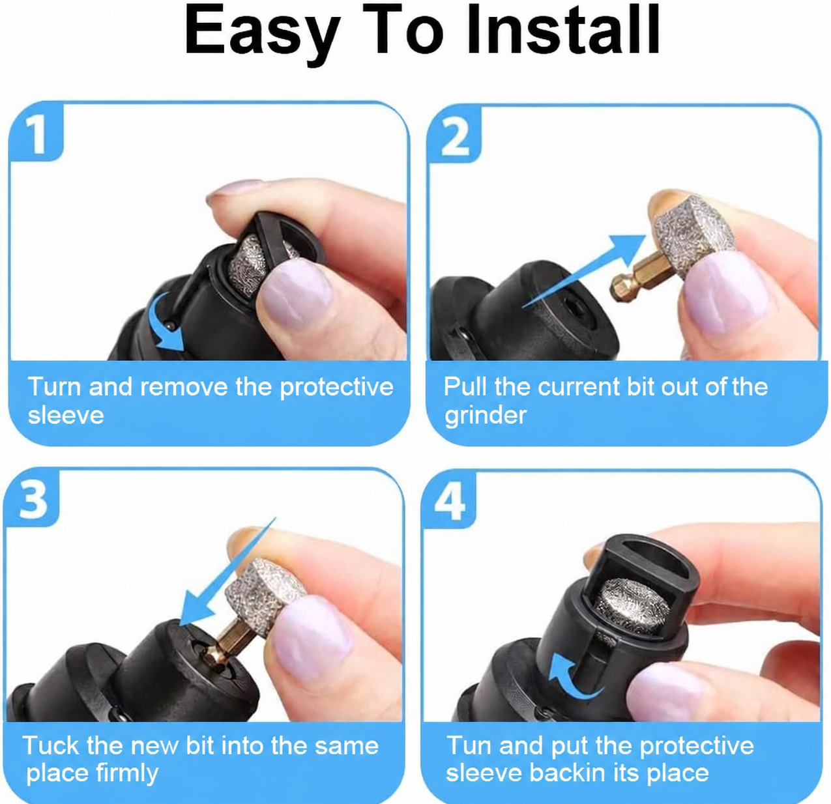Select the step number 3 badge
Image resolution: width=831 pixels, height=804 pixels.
(x=32, y=498)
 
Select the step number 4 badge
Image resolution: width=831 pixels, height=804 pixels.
(x=449, y=500)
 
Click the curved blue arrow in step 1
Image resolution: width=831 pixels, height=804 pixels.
(x=164, y=321)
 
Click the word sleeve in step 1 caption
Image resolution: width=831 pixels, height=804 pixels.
(x=66, y=415)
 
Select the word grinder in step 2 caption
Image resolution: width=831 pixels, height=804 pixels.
(x=486, y=416)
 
